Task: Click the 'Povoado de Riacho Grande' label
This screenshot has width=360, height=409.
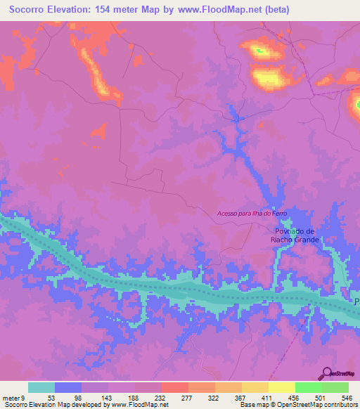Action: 295,235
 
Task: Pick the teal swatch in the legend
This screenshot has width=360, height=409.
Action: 41,387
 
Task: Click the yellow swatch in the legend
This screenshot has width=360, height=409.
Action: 282,387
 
